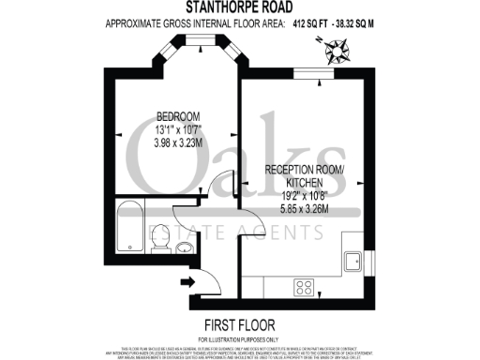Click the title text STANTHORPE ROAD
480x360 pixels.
pos(239,7)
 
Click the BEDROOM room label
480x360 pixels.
pos(179,116)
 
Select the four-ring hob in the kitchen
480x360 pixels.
pos(305,287)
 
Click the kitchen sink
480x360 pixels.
pos(355,260)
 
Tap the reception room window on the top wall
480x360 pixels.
pos(312,73)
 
